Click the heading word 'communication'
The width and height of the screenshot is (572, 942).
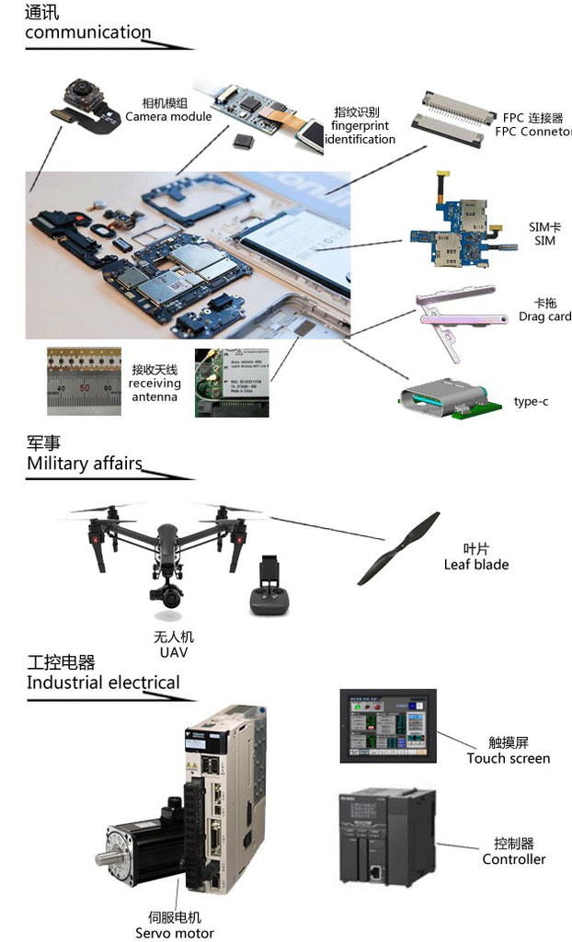87,33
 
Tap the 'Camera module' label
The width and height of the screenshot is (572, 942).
168,117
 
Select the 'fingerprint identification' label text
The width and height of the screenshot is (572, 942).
360,132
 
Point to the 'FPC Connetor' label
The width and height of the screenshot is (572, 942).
533,132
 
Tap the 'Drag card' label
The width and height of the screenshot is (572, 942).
544,316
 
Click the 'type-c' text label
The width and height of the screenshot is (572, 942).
531,402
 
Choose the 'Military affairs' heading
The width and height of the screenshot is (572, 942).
85,464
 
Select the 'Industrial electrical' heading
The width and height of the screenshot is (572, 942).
103,683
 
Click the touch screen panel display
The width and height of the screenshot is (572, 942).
387,724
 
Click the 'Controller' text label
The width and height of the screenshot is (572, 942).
513,859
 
